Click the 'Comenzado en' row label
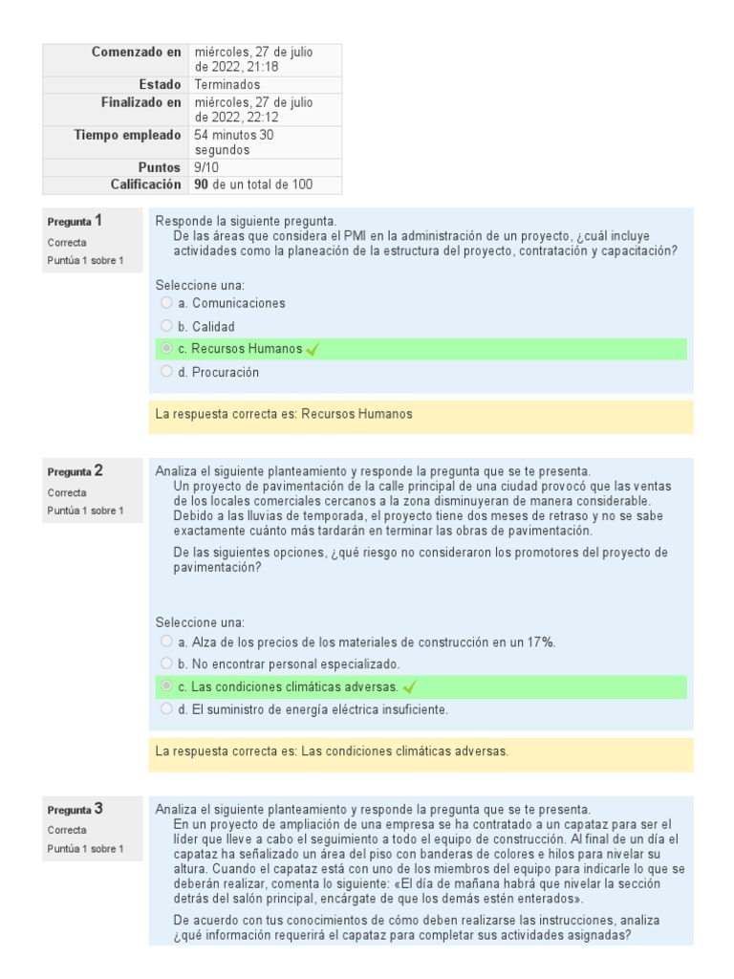(x=136, y=52)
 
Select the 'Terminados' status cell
(x=227, y=85)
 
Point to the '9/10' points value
(x=206, y=167)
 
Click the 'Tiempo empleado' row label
(x=127, y=136)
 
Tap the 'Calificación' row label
(x=145, y=185)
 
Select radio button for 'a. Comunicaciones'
(x=167, y=303)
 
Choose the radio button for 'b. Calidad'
(x=167, y=326)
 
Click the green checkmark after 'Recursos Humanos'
(x=313, y=350)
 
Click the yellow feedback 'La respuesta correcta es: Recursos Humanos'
(x=284, y=415)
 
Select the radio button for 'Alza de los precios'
(x=167, y=642)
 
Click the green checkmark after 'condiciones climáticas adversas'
(x=410, y=687)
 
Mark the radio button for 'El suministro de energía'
(x=167, y=709)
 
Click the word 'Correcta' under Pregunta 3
(x=67, y=830)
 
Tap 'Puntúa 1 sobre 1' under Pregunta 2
(x=85, y=511)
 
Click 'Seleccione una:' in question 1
(x=200, y=284)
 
